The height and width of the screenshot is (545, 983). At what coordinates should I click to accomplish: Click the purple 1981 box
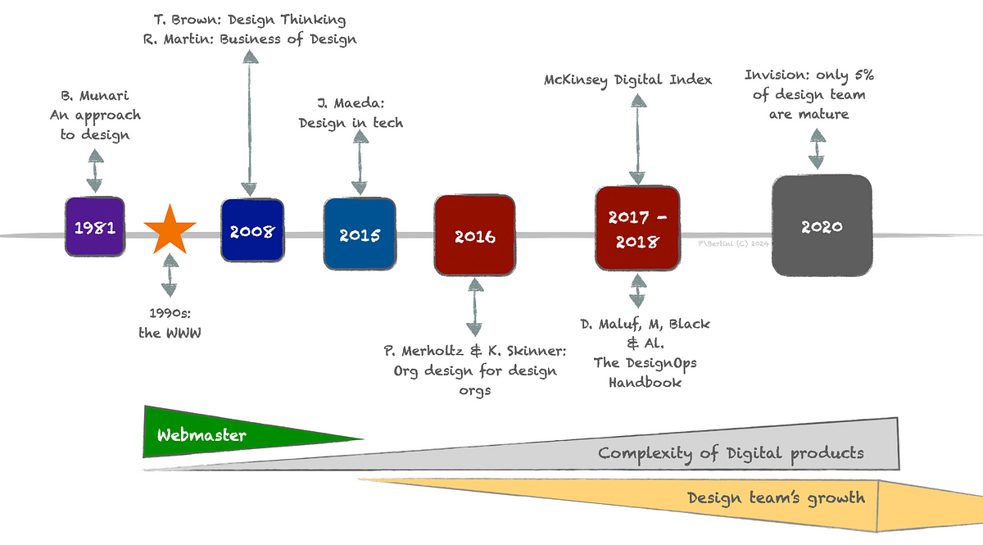coord(94,227)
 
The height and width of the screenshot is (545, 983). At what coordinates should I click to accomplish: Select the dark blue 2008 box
coord(251,230)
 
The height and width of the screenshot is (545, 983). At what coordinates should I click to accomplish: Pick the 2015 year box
coord(360,234)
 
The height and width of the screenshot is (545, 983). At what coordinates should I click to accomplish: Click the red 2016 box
coord(474,235)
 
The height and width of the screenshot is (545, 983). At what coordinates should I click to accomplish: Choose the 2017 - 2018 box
coord(638,229)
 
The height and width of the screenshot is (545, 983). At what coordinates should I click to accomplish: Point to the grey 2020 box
coord(822,227)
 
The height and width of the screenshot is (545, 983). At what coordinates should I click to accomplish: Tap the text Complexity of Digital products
coord(731,452)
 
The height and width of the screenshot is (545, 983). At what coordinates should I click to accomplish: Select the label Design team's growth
coord(775,497)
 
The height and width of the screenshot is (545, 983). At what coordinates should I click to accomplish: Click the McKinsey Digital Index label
coord(628,80)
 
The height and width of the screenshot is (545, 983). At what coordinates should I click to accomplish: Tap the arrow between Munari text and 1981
coord(95,171)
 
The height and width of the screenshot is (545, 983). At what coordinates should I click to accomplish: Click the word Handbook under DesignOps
coord(645,382)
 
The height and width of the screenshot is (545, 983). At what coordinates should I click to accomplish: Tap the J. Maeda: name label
coord(351,103)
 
